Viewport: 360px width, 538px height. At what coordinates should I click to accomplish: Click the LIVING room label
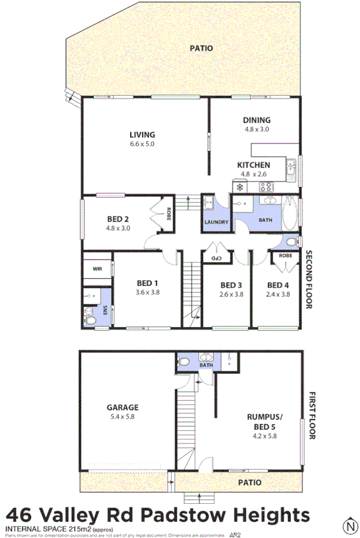[x=141, y=134]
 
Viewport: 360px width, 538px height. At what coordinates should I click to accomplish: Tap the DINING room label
[x=256, y=121]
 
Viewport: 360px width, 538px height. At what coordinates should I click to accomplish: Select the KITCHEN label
[x=254, y=165]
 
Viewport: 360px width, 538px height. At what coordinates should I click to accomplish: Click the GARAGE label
[x=122, y=407]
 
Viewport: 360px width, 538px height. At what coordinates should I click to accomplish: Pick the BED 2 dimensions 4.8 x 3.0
[x=118, y=228]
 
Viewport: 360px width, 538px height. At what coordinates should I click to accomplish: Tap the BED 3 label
[x=231, y=284]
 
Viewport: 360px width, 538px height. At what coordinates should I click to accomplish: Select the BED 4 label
[x=277, y=284]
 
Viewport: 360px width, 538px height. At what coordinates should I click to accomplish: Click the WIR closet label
[x=97, y=269]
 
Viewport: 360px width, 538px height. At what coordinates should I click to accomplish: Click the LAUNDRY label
[x=216, y=222]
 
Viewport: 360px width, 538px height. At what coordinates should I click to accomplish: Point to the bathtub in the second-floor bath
[x=290, y=212]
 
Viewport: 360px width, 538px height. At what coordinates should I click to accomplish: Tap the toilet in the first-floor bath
[x=186, y=362]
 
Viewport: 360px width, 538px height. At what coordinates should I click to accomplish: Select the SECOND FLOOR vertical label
[x=310, y=279]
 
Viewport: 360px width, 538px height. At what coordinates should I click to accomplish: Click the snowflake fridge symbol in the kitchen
[x=238, y=186]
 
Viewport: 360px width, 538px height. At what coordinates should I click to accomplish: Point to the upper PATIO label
[x=200, y=48]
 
